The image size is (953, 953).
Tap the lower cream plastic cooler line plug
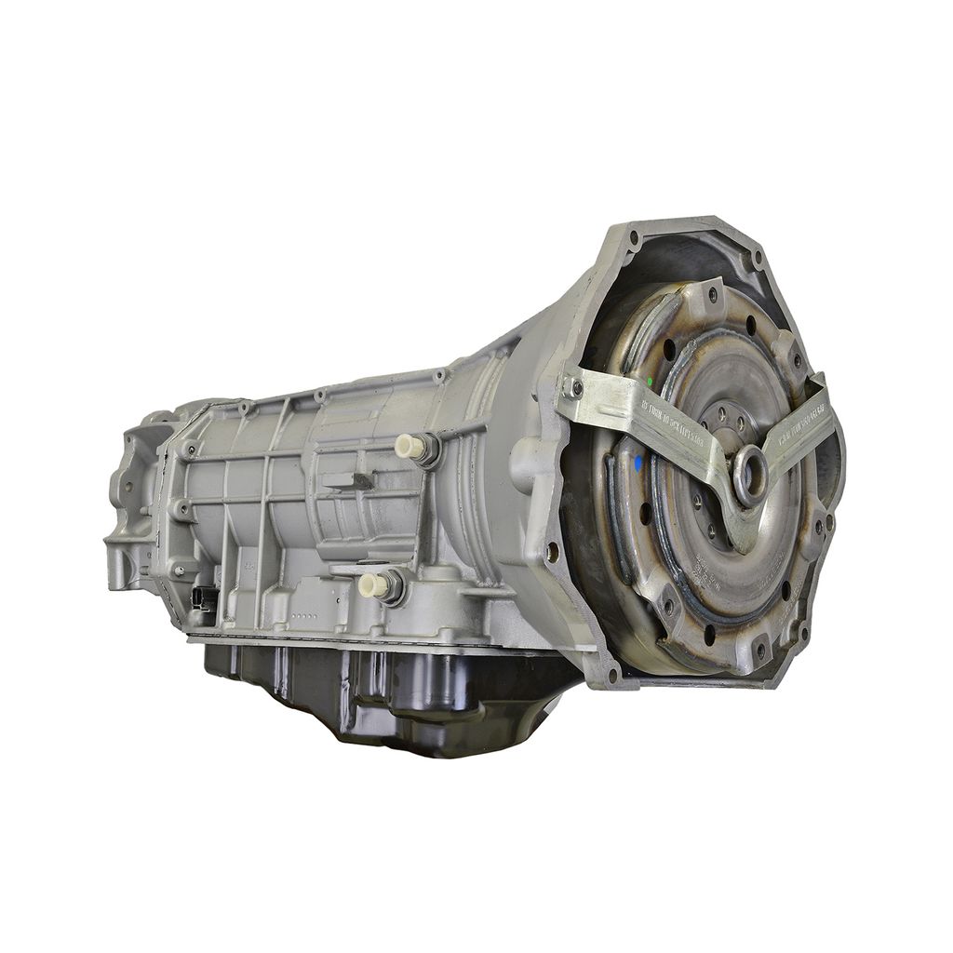point(371,584)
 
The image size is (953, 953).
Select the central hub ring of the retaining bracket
point(750,464)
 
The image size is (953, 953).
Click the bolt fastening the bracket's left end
point(576,385)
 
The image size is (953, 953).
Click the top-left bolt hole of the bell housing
point(634,238)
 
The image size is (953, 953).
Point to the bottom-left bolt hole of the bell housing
point(612,672)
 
